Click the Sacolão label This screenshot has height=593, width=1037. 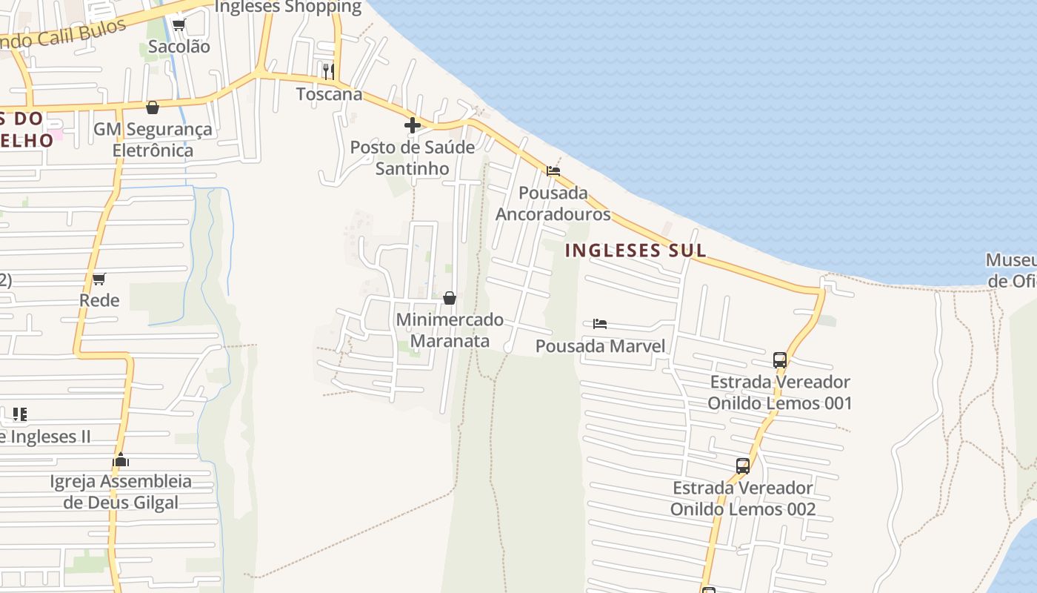point(179,47)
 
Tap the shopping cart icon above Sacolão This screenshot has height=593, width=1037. point(179,24)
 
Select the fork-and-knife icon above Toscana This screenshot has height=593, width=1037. point(329,71)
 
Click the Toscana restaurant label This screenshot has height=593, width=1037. point(329,94)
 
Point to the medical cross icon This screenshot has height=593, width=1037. point(413,125)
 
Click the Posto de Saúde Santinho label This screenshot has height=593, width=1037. point(413,158)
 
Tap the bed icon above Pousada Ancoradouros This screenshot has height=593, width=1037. point(553,171)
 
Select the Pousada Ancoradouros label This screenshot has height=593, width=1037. point(553,204)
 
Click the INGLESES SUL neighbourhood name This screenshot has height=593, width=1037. point(636,251)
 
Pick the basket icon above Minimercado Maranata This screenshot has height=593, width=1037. point(449,298)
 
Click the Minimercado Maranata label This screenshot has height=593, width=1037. point(450,331)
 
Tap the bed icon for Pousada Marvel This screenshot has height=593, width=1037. point(600,324)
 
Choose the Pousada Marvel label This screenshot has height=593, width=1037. point(600,346)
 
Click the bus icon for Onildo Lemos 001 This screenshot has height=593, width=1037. point(779,360)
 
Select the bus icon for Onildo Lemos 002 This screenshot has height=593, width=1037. point(743,466)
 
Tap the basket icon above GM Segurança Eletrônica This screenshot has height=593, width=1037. point(153,107)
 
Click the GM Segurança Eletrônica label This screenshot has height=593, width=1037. point(153,140)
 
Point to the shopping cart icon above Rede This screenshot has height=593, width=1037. point(99,279)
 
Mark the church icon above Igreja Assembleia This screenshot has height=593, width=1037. point(121,460)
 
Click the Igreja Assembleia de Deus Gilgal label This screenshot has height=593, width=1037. point(121,492)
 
